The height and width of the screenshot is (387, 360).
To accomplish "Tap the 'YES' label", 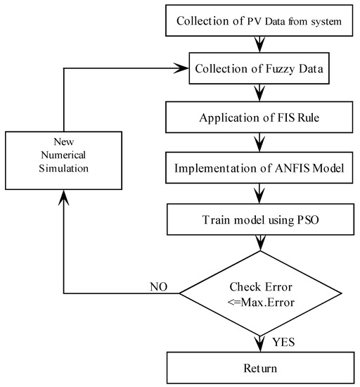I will tap(285, 343).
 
